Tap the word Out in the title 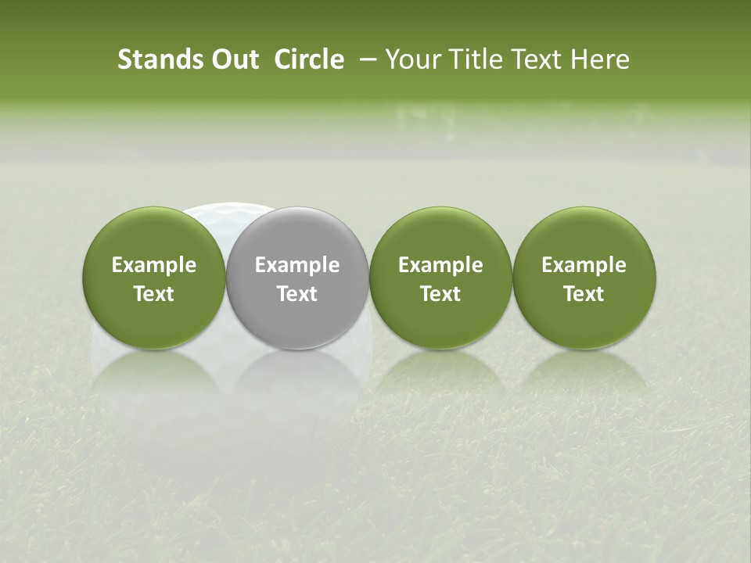(x=232, y=59)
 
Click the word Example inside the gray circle (x=297, y=266)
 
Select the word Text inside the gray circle (x=297, y=294)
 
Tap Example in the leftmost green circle (x=154, y=266)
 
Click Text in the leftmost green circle (x=154, y=294)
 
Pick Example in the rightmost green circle (x=584, y=266)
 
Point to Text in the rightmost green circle (x=584, y=294)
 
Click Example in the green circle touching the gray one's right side (x=440, y=266)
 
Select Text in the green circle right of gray (x=440, y=294)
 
